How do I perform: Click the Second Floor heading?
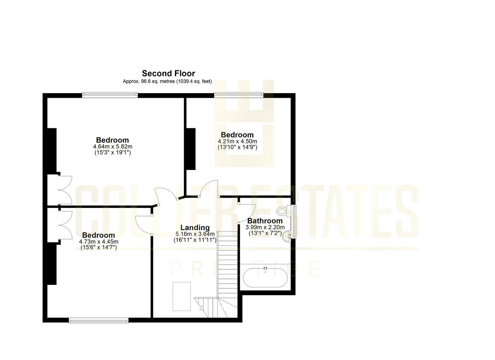[x=168, y=73]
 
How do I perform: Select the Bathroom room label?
[x=265, y=221]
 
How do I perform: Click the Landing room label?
[x=195, y=228]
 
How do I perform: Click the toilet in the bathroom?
[x=283, y=211]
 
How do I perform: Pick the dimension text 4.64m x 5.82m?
[x=113, y=146]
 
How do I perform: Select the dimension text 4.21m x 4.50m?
[x=237, y=141]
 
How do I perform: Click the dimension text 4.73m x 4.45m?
[x=99, y=242]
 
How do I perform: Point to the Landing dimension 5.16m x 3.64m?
[x=195, y=234]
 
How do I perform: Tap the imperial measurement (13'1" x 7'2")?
[x=265, y=233]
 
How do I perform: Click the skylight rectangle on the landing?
[x=181, y=296]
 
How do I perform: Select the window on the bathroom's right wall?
[x=294, y=222]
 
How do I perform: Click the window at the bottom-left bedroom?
[x=99, y=320]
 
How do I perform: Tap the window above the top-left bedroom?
[x=110, y=95]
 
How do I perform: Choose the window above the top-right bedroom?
[x=238, y=95]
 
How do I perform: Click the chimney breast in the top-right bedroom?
[x=191, y=148]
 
